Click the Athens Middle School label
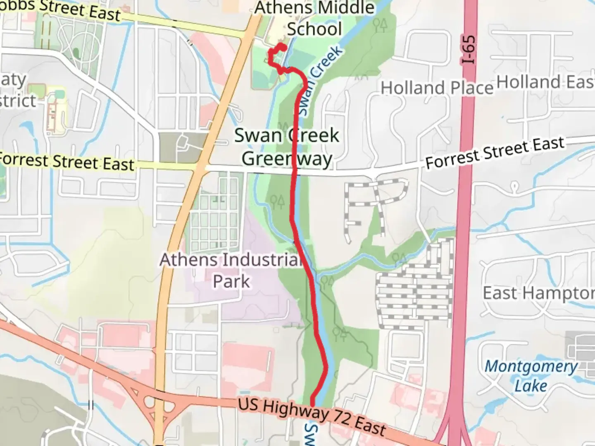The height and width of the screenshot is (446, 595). point(314,19)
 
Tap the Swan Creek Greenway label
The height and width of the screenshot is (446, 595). point(287,147)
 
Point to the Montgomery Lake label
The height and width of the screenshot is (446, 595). point(531,376)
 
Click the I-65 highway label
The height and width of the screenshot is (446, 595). point(469,50)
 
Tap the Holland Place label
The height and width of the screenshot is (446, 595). point(437,88)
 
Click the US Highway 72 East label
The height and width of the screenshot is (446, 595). point(312,417)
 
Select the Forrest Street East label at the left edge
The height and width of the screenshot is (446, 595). point(66,162)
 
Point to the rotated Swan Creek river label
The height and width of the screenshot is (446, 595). point(320,81)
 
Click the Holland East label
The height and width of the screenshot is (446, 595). point(545,82)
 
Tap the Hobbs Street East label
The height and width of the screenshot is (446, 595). point(62,9)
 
